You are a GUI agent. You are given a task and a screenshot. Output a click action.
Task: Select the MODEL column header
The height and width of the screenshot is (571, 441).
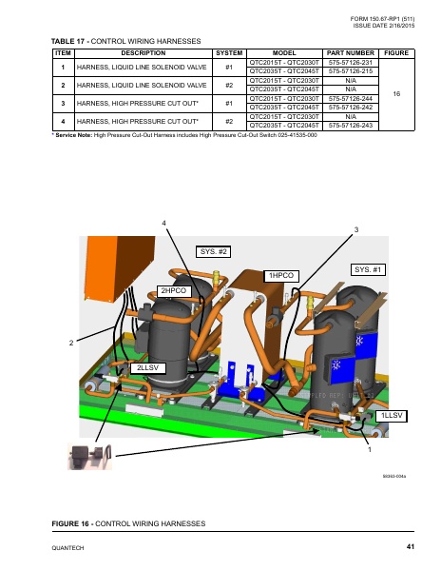[x=283, y=52]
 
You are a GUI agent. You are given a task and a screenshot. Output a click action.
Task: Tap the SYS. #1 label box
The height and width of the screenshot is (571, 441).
[x=368, y=269]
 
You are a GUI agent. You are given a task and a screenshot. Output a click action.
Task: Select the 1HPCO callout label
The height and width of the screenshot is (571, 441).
[x=281, y=275]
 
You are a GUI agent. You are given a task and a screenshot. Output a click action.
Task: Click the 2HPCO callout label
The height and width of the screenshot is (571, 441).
[x=175, y=289]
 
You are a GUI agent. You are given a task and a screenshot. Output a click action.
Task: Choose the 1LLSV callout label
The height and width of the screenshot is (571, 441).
[x=392, y=417]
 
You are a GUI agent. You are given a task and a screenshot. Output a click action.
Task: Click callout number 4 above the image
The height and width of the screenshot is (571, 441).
[x=164, y=223]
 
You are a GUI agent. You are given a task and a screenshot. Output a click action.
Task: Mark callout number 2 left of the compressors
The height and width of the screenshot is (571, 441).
[x=70, y=342]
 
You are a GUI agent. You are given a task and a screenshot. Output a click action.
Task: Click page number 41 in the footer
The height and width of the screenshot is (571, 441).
[x=410, y=545]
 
